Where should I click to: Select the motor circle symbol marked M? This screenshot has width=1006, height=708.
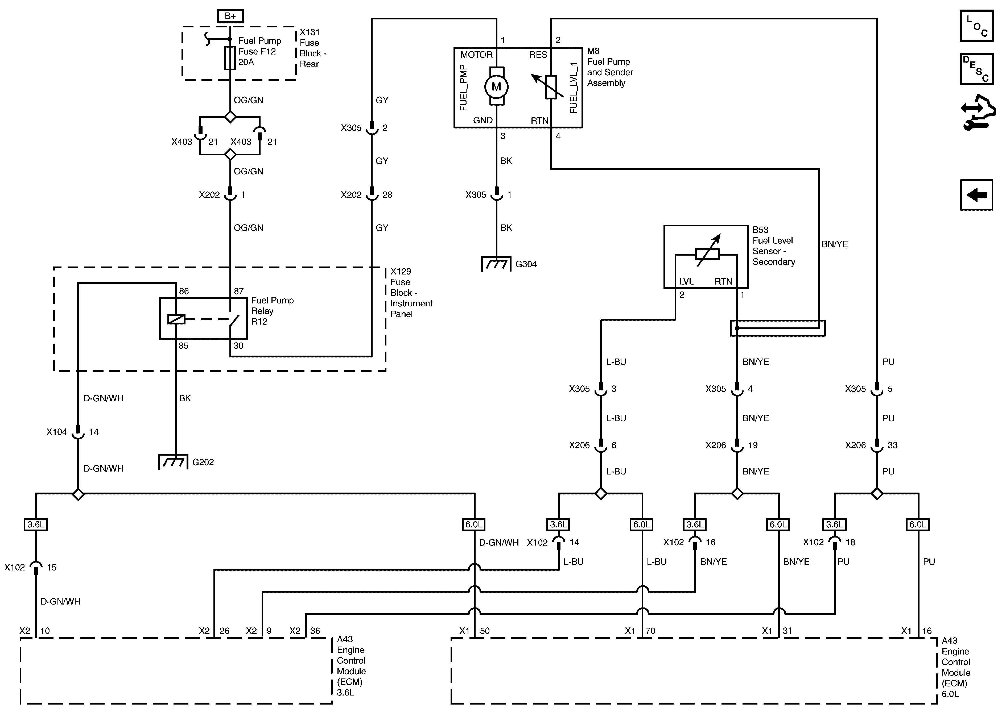pyautogui.click(x=496, y=87)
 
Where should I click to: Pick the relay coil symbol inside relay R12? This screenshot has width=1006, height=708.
pyautogui.click(x=176, y=319)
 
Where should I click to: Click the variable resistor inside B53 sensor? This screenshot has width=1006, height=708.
pyautogui.click(x=707, y=254)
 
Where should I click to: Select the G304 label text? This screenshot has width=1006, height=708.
pyautogui.click(x=526, y=264)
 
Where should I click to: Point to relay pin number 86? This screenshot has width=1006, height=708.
pyautogui.click(x=184, y=291)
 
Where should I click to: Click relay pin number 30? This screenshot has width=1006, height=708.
pyautogui.click(x=238, y=346)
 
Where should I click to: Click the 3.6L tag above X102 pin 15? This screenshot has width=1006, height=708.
pyautogui.click(x=35, y=524)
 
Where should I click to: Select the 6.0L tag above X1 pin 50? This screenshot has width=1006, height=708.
pyautogui.click(x=474, y=524)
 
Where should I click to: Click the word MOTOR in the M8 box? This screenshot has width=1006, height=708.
pyautogui.click(x=476, y=55)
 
